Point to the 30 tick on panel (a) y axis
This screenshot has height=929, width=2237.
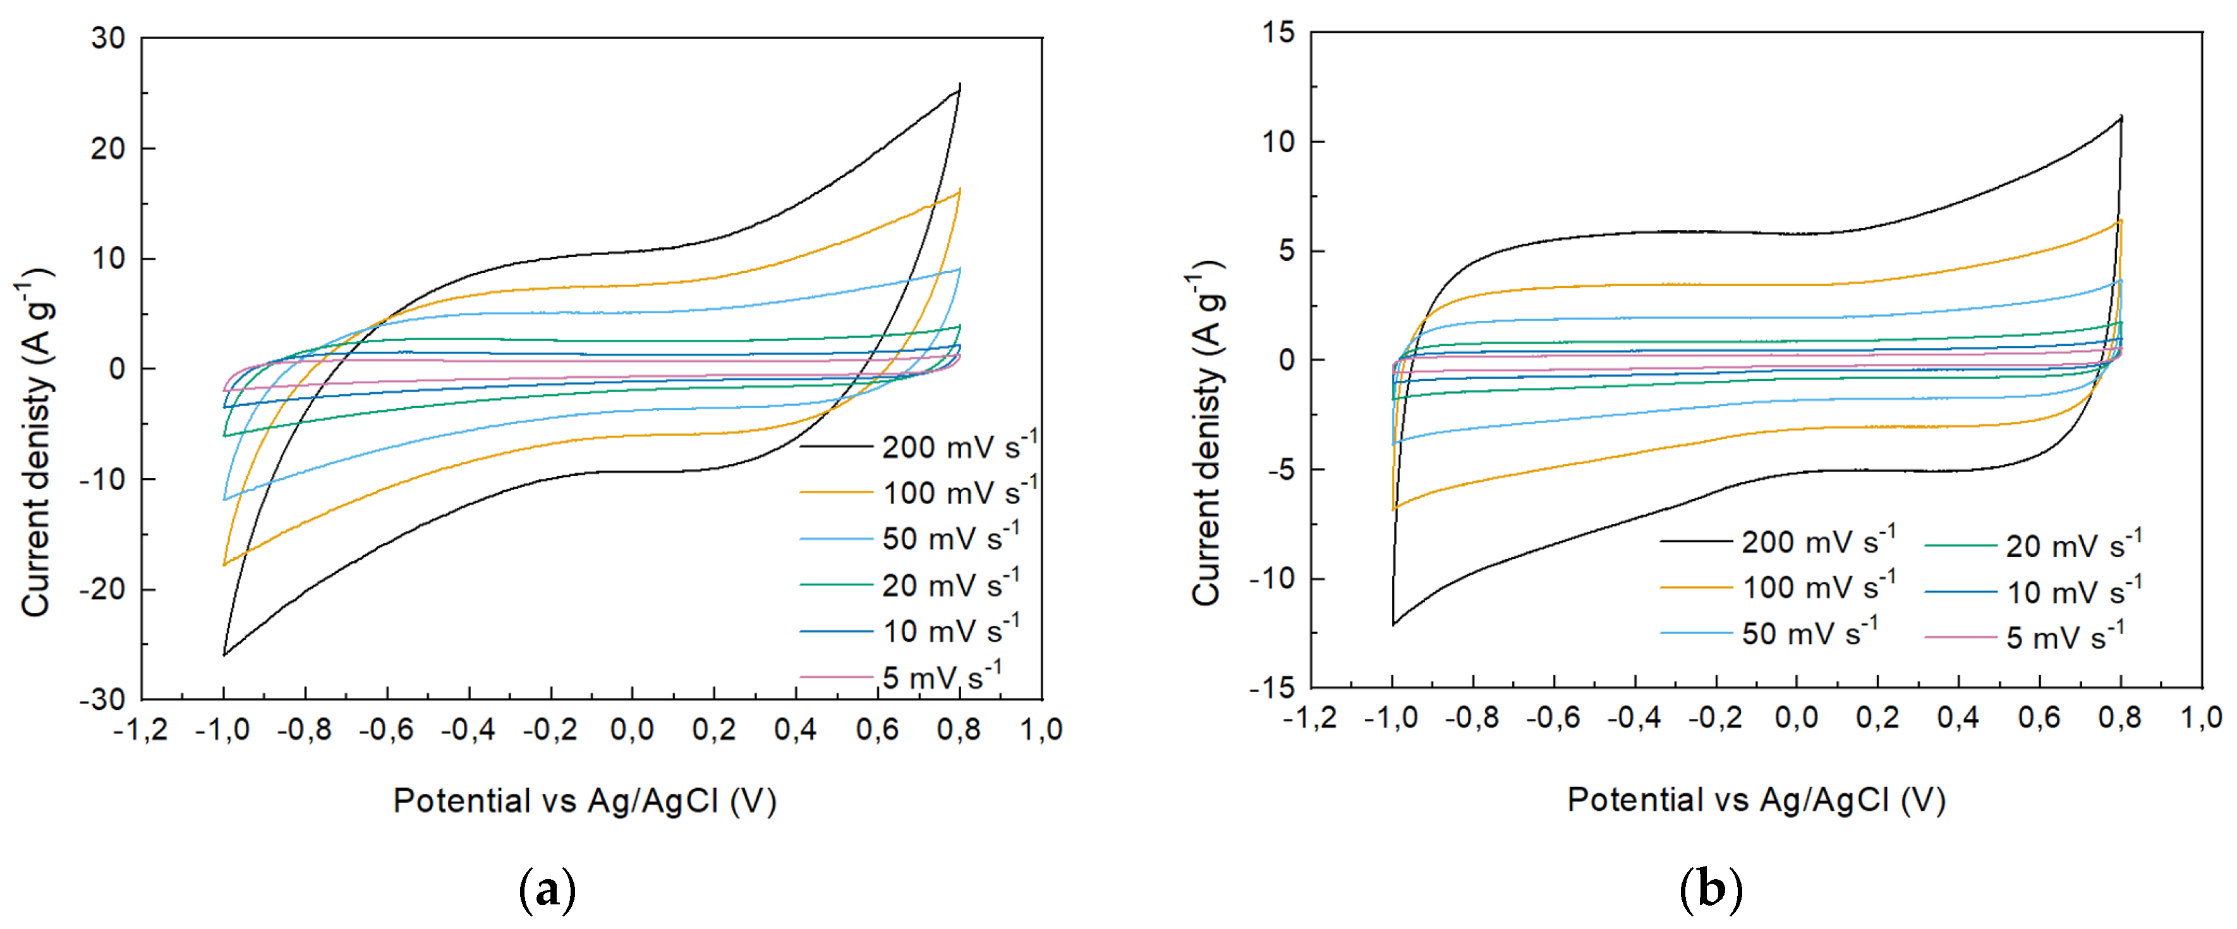click(109, 38)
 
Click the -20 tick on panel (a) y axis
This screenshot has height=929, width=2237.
click(102, 589)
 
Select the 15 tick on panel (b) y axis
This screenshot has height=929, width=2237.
click(1278, 33)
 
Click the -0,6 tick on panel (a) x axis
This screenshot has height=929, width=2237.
click(387, 730)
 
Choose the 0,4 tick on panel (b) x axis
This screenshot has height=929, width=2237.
click(1958, 718)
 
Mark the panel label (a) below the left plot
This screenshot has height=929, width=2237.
click(547, 890)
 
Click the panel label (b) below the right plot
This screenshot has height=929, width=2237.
click(1711, 890)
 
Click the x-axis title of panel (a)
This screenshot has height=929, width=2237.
click(585, 801)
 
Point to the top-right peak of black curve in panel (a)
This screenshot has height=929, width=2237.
click(960, 84)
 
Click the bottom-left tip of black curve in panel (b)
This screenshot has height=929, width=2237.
click(1393, 624)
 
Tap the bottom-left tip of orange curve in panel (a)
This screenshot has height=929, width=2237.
click(224, 565)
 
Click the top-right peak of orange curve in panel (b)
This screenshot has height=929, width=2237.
click(2121, 220)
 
